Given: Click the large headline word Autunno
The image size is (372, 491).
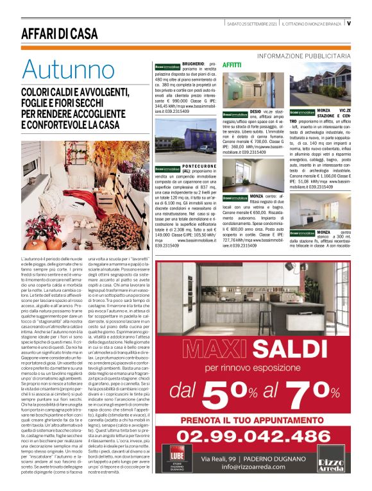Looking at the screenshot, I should point(68,70).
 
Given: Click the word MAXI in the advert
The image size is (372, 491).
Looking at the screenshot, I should point(207,350).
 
